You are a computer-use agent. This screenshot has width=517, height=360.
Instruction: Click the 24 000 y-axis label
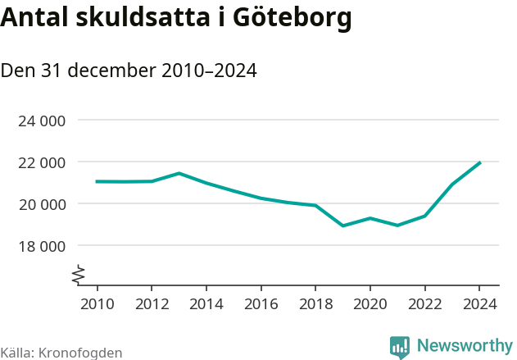(x=42, y=121)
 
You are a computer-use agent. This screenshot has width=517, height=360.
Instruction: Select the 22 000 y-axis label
(x=42, y=162)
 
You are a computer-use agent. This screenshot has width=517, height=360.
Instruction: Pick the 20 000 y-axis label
(x=42, y=204)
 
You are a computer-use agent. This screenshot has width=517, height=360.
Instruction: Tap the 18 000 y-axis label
(x=42, y=245)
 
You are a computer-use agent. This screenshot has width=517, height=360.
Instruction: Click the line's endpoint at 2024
(x=479, y=162)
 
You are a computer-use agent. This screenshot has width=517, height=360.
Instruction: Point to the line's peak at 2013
(x=179, y=173)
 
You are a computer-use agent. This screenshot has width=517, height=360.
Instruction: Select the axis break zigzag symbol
(x=79, y=275)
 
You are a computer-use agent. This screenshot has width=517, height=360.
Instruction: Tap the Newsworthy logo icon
(x=400, y=347)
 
